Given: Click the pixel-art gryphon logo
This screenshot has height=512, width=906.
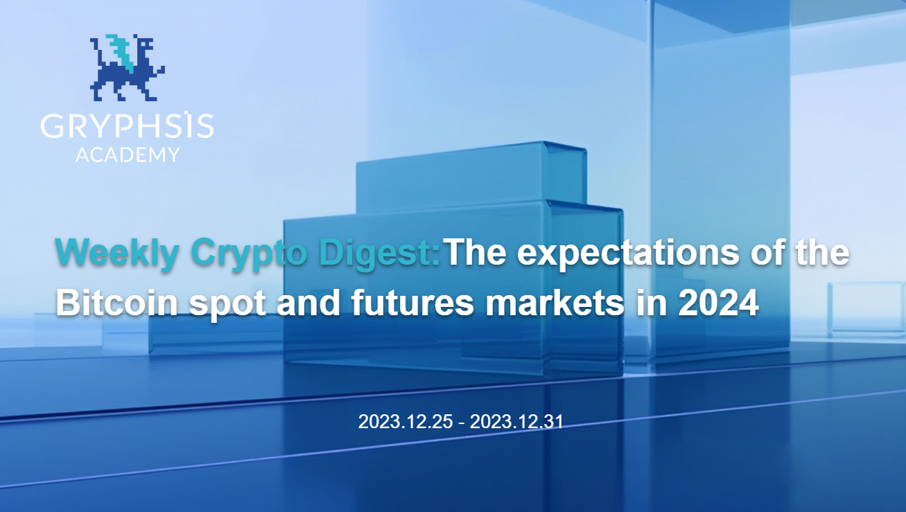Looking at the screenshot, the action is click(127, 67).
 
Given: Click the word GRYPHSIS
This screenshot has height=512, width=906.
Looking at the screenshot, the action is click(127, 125).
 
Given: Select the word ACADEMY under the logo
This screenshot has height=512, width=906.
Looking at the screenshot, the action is click(128, 155).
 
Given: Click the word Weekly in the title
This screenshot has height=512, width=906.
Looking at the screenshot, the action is click(117, 253).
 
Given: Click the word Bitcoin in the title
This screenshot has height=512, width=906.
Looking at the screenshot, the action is click(116, 302).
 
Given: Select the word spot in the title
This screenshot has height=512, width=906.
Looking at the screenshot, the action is click(227, 305).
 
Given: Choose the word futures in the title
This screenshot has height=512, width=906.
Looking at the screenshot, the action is click(412, 302).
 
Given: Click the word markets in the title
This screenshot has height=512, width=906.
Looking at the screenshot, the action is click(555, 302).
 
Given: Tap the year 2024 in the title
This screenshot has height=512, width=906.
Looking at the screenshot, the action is click(718, 303).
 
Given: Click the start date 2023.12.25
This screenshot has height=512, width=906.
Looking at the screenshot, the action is click(406, 421).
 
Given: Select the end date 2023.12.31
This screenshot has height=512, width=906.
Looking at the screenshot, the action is click(516, 421).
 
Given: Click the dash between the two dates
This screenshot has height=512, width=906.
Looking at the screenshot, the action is click(462, 423).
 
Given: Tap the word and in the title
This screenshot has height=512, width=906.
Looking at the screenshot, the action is click(308, 302).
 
